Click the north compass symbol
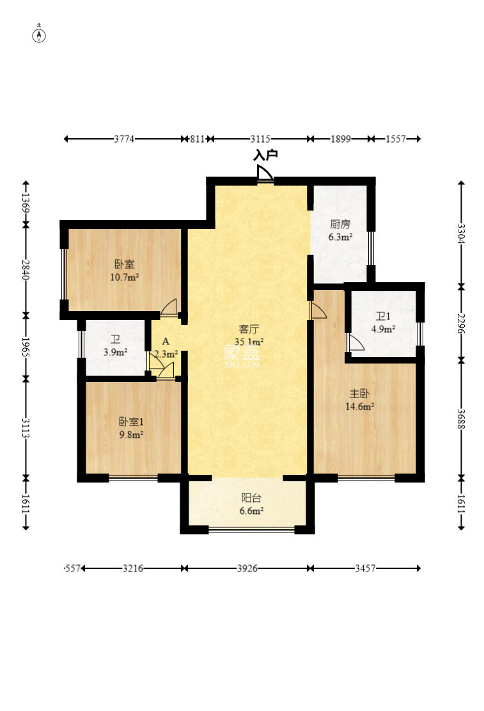(x=40, y=35)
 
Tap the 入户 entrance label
(x=265, y=156)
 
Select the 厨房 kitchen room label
(x=340, y=224)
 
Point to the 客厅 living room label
(x=249, y=329)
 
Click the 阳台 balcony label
(x=251, y=499)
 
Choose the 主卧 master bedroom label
(x=359, y=394)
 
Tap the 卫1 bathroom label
(x=383, y=317)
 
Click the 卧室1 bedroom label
(x=131, y=422)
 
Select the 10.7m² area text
(x=124, y=277)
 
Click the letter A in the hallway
(x=166, y=342)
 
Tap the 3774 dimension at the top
(x=124, y=140)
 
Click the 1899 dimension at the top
(x=340, y=140)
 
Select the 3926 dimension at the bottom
(x=247, y=568)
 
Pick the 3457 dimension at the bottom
(x=365, y=568)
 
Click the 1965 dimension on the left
(x=26, y=348)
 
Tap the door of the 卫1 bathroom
(x=355, y=342)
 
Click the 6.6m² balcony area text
(x=251, y=511)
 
